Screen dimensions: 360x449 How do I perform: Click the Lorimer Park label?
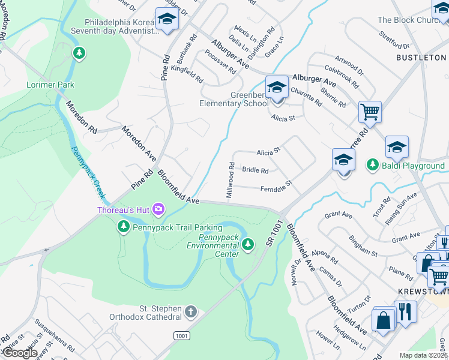point(50,85)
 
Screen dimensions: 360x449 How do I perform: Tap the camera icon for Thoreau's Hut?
point(158,209)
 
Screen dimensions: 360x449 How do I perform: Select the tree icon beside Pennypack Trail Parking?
point(123,227)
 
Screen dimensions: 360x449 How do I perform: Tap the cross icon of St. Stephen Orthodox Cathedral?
point(190,311)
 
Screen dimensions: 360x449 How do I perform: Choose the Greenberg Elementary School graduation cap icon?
point(276,88)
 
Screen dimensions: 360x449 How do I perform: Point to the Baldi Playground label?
point(414,166)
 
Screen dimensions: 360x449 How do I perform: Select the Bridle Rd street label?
point(255,170)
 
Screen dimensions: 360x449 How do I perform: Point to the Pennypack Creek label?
point(88,173)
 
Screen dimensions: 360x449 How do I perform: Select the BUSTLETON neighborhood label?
point(421,57)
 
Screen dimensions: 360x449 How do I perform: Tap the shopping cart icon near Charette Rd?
point(370,111)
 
